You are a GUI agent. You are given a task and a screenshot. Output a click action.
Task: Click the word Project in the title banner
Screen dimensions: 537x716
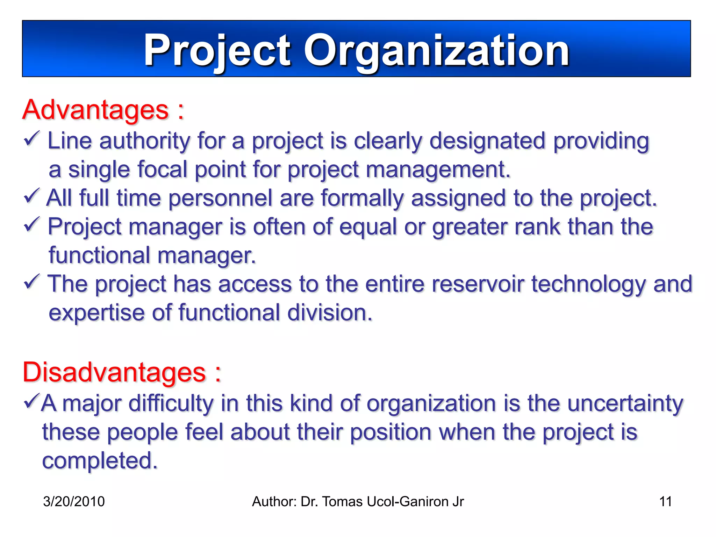(x=217, y=51)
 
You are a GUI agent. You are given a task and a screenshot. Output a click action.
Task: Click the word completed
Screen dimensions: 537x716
(x=100, y=461)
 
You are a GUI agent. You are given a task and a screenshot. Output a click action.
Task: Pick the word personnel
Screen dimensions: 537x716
(x=220, y=198)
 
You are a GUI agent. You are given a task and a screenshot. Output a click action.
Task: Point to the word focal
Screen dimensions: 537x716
(x=162, y=170)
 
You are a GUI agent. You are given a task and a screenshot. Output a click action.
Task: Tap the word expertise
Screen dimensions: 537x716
(x=96, y=313)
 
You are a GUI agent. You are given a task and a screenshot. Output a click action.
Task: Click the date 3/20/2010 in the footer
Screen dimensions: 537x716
(x=74, y=502)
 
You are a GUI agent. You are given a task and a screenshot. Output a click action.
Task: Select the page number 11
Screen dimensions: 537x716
(x=665, y=502)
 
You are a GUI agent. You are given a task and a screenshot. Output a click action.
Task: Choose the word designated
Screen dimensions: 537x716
(x=487, y=141)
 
